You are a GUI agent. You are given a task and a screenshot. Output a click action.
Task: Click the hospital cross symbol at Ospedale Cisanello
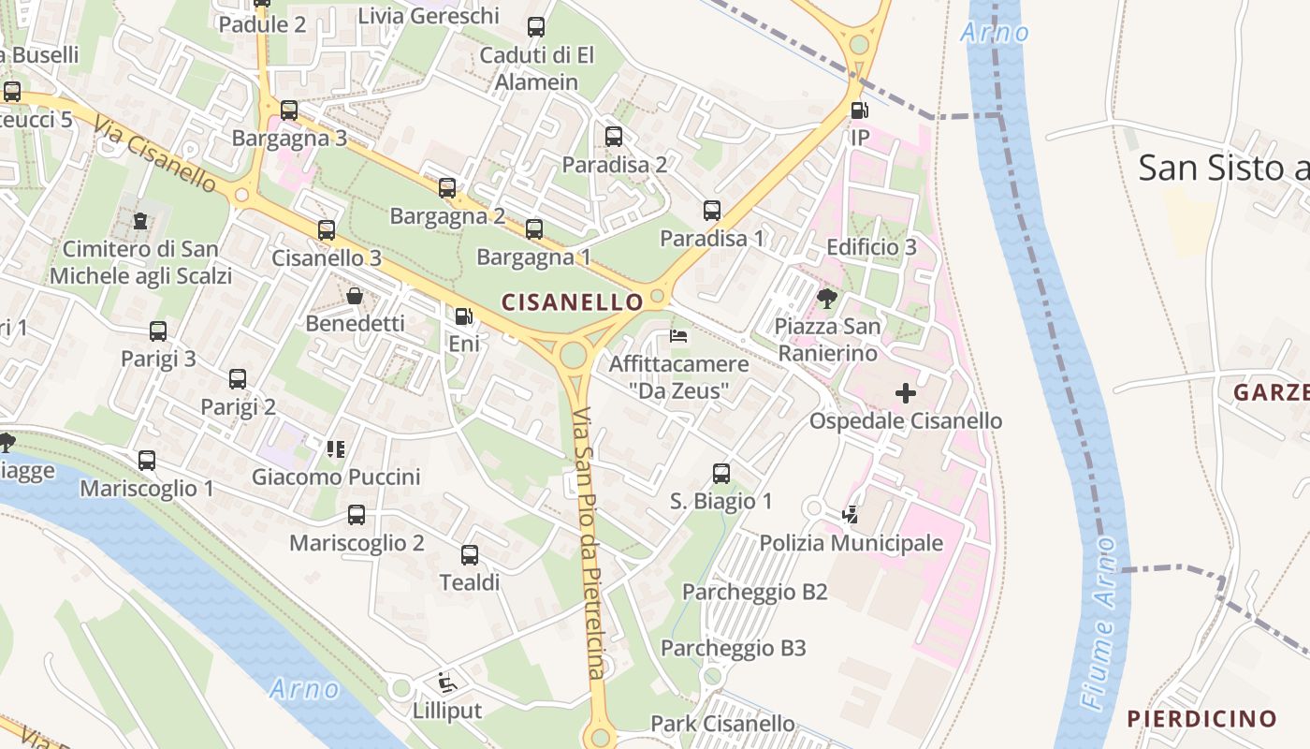[x=905, y=393]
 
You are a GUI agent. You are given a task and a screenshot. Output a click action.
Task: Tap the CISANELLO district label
[x=573, y=302]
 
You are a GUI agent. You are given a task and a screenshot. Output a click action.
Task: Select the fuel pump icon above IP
[x=859, y=110]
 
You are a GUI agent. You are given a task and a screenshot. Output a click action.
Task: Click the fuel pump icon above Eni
[x=463, y=316]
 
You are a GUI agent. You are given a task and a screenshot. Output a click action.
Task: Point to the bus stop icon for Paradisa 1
[x=712, y=211]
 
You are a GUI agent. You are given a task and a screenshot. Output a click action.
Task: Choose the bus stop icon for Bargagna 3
[x=289, y=110]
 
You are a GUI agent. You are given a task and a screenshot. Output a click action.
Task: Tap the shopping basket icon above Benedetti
[x=356, y=297]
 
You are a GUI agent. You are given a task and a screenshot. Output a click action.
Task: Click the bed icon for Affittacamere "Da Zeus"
[x=678, y=336]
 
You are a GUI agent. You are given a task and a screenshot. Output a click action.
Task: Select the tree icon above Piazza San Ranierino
[x=826, y=299]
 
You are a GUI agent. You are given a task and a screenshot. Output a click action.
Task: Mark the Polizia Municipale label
[x=851, y=543]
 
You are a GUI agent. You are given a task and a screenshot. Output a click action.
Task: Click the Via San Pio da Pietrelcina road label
[x=587, y=543]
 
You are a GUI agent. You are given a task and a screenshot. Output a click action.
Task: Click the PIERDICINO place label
[x=1201, y=719]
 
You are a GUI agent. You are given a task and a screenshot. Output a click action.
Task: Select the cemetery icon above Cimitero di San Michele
[x=140, y=221]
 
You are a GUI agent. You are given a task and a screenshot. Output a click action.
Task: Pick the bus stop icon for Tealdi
[x=470, y=555]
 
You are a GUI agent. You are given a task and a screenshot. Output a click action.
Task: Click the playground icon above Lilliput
[x=447, y=683]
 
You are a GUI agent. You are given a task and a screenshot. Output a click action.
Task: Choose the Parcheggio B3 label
[x=733, y=648]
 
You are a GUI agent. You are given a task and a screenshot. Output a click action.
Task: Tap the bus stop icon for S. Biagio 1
[x=720, y=474]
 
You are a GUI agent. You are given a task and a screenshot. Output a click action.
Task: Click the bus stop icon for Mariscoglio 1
[x=147, y=461]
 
